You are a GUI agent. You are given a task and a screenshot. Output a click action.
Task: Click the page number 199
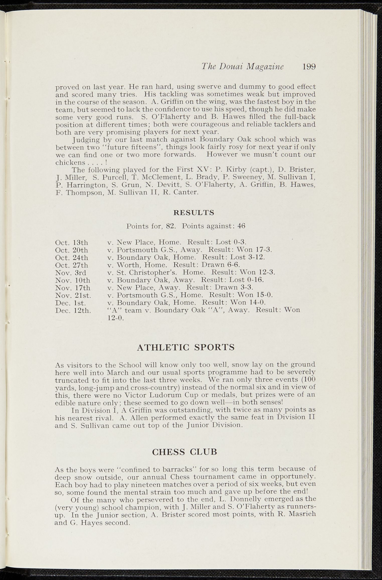click(309, 67)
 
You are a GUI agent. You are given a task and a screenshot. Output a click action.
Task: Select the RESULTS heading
click(194, 212)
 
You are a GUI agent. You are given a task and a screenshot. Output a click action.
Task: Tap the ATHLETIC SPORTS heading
click(186, 347)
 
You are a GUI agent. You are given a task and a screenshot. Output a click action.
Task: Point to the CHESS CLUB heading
click(184, 452)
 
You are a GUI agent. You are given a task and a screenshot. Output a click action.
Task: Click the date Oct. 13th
click(72, 243)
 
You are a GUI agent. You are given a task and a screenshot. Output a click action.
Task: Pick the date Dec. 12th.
click(73, 310)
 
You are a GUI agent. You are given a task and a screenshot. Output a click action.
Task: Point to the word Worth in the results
click(128, 265)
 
